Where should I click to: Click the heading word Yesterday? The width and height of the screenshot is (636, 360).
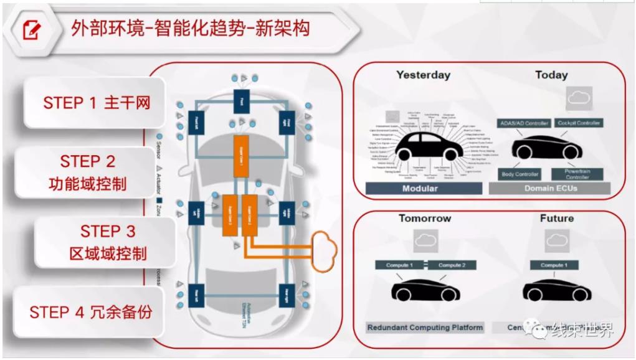[423, 75]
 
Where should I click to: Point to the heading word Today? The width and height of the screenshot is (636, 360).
[551, 75]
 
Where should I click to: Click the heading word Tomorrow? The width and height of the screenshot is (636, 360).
[425, 219]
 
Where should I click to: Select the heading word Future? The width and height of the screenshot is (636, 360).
[556, 219]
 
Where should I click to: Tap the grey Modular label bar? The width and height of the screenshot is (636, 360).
[420, 188]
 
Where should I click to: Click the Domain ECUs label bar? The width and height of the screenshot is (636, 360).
[551, 188]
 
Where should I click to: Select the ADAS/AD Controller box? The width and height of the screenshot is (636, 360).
[524, 123]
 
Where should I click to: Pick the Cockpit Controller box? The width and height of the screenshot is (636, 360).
[579, 123]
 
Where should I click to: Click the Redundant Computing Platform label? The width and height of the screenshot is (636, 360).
[425, 327]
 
